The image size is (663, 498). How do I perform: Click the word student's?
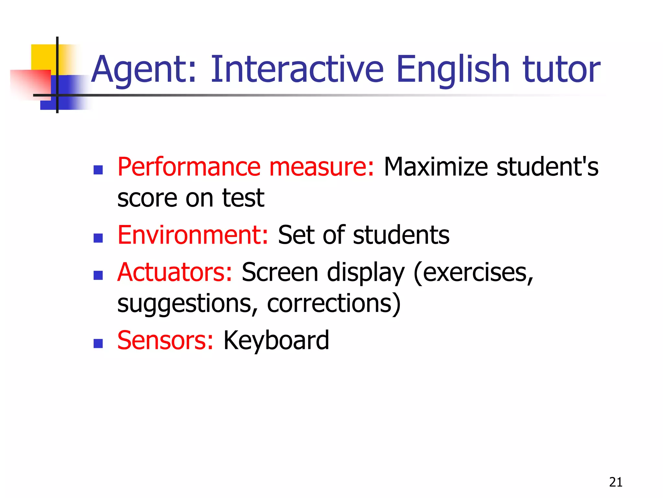[547, 167]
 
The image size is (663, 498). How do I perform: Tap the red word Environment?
[193, 235]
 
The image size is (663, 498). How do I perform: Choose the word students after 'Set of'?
[401, 235]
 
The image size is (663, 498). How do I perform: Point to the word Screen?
[280, 272]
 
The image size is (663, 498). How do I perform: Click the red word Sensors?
[165, 340]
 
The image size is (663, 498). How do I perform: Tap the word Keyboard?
[276, 340]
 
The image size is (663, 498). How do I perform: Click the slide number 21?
[615, 482]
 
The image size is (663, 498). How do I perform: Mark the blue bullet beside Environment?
[98, 238]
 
